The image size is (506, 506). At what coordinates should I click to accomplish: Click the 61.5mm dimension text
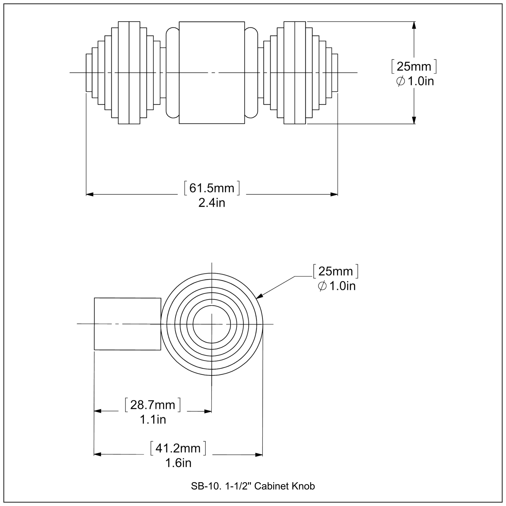pos(212,188)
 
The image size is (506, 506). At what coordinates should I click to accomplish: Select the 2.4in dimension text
pos(212,203)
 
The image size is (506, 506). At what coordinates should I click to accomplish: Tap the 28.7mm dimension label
pos(153,405)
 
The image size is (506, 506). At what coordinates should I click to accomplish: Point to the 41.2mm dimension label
pos(178,448)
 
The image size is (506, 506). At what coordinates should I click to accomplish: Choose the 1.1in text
pos(153,420)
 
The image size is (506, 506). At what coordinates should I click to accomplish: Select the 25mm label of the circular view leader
pos(335,271)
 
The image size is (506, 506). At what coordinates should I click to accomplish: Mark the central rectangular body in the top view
pos(212,52)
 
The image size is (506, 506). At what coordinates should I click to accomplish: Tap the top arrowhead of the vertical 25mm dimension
pos(414,25)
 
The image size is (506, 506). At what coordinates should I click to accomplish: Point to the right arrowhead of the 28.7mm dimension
pos(208,411)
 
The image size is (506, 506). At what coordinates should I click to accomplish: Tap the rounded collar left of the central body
pos(173,73)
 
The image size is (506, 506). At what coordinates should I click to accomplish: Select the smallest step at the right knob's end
pos(335,73)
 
